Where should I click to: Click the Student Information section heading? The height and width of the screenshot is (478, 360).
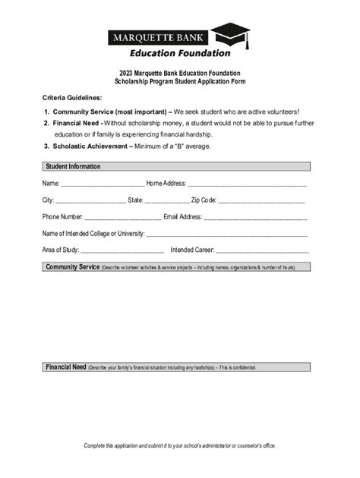point(73,166)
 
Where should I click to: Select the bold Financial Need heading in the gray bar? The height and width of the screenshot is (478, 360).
point(65,367)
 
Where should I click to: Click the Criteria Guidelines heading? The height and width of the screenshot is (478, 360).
point(71,99)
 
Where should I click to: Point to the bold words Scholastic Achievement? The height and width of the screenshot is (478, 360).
point(92,146)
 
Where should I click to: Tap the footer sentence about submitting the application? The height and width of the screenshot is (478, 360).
point(180,445)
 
